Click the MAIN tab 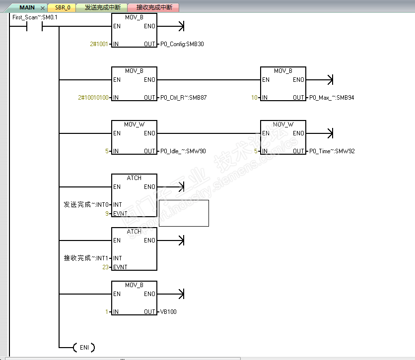point(27,7)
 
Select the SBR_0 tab point(63,7)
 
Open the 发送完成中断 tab point(102,7)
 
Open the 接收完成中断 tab point(154,7)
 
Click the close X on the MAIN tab point(43,8)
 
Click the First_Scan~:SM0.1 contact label point(35,17)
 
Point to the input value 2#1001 point(99,44)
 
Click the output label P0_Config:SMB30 point(182,44)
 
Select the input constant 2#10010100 point(93,98)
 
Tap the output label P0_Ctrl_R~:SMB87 point(183,98)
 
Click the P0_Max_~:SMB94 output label point(332,98)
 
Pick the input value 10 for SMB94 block point(254,98)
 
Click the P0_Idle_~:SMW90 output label point(183,151)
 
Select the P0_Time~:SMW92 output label point(332,151)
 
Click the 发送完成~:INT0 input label point(86,205)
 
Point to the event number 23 point(105,267)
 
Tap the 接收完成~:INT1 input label point(86,258)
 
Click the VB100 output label point(168,312)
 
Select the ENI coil point(84,347)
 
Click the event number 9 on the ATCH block point(107,213)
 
